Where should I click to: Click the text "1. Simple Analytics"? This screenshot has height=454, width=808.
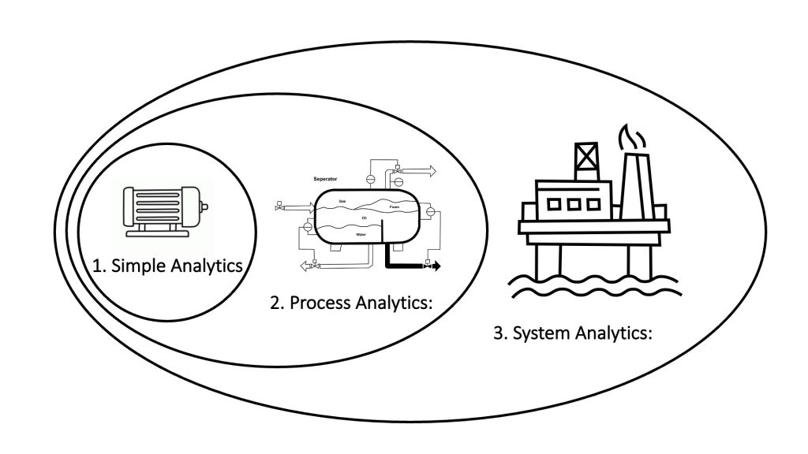[x=167, y=266]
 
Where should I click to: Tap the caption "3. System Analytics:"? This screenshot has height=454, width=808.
[x=574, y=333]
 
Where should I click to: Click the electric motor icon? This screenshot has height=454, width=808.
[x=163, y=210]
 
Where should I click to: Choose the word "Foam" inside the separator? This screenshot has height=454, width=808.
[x=394, y=207]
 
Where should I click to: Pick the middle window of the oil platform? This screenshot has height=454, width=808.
[x=575, y=204]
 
